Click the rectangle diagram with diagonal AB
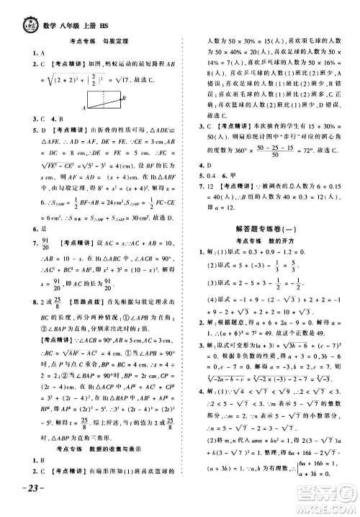(105, 99)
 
